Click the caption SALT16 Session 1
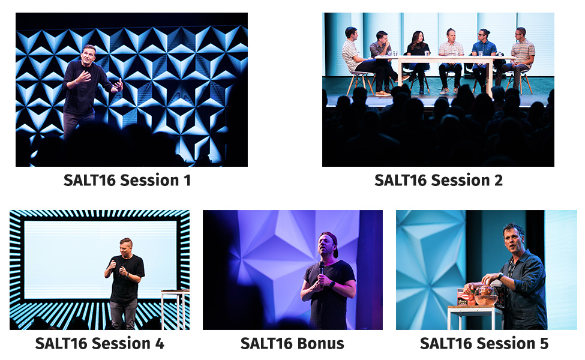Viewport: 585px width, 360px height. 127,180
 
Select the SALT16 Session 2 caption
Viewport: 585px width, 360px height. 439,180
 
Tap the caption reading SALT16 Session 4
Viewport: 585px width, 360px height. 100,343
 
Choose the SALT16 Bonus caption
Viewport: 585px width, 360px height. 292,343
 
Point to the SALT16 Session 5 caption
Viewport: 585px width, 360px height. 484,343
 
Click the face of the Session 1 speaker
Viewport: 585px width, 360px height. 89,55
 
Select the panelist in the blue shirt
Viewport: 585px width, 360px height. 484,59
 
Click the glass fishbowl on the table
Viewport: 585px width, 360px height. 486,295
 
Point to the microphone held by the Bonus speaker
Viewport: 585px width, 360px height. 321,272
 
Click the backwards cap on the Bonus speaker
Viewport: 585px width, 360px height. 331,242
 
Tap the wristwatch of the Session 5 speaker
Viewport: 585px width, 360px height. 500,277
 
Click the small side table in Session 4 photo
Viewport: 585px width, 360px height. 175,309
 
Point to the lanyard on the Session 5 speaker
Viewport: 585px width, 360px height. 511,267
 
